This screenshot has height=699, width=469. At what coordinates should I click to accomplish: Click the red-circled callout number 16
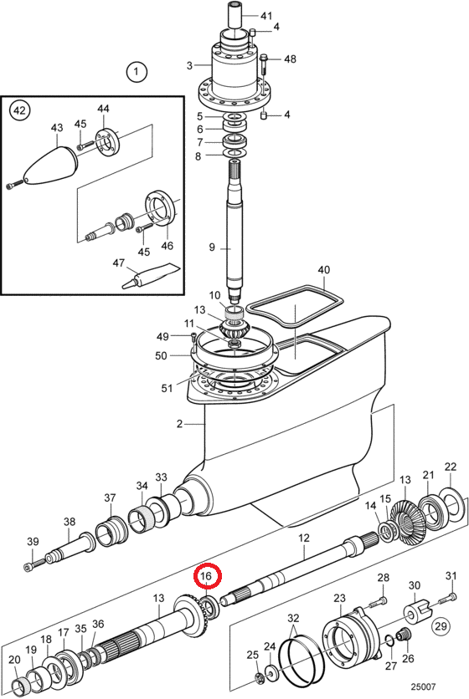click(x=206, y=576)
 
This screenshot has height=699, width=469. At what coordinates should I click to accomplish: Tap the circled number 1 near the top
click(x=137, y=71)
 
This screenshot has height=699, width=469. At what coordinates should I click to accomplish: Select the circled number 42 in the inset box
click(x=20, y=110)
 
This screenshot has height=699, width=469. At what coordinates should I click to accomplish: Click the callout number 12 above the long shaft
click(x=304, y=538)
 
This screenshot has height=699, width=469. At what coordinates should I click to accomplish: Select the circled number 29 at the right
click(x=441, y=626)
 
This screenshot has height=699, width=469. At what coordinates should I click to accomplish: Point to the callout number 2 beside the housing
click(x=179, y=424)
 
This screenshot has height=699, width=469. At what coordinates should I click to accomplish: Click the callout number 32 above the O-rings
click(x=293, y=618)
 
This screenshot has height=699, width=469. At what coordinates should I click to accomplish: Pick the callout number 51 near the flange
click(x=167, y=388)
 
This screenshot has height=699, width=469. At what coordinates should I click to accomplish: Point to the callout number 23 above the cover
click(x=339, y=597)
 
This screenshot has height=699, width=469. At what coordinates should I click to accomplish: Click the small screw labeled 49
click(x=193, y=335)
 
